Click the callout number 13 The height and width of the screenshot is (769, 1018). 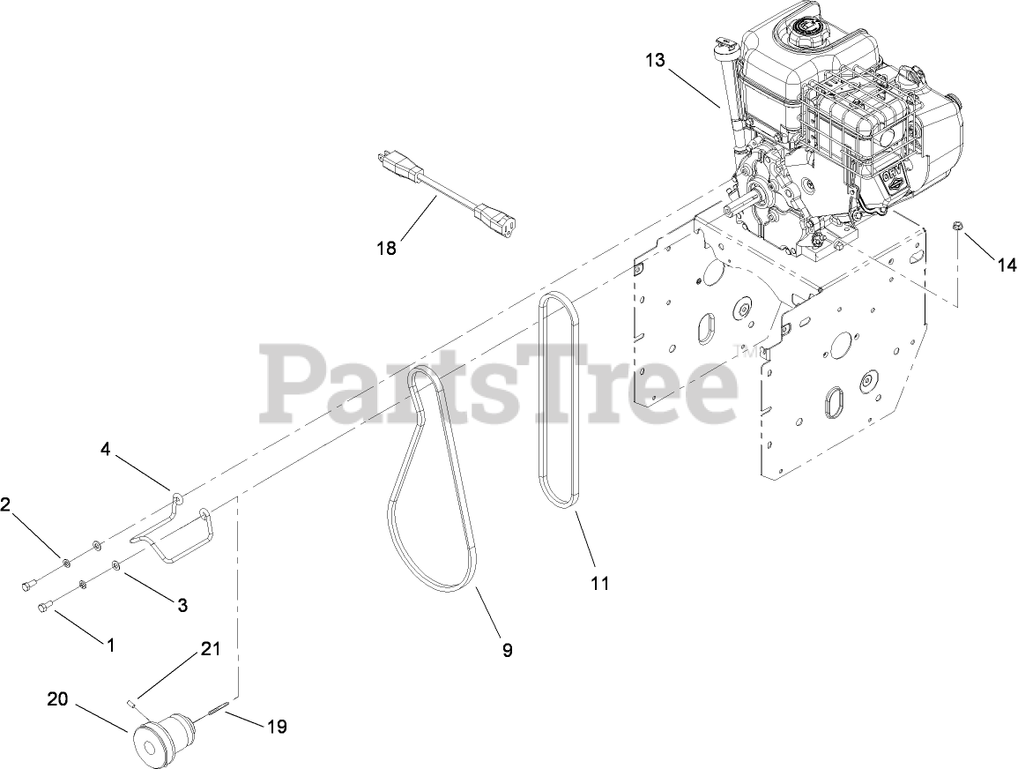tap(656, 60)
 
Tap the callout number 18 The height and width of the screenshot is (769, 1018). tap(385, 249)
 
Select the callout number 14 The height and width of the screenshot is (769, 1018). tap(1006, 264)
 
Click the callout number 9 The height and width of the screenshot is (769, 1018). tap(508, 650)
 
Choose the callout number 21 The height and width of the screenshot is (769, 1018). tap(210, 650)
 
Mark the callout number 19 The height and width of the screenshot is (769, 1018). tap(277, 727)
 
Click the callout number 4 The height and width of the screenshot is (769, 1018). tap(106, 450)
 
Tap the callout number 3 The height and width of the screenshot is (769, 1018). tap(182, 605)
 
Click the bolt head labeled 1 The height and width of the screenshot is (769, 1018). tap(44, 606)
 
